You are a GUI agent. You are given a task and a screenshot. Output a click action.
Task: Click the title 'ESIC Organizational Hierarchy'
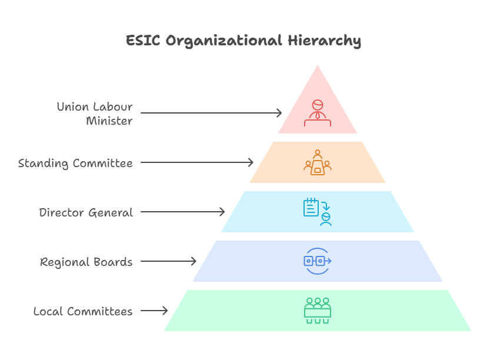(x=243, y=41)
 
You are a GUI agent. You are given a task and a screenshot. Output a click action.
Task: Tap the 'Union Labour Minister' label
(x=95, y=114)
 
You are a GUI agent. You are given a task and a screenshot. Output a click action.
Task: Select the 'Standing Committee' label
(x=75, y=163)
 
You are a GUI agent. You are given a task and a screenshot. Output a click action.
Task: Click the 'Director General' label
(x=86, y=212)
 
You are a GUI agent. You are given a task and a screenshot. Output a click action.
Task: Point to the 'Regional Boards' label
(x=86, y=262)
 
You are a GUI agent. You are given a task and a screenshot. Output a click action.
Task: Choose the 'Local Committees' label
(x=83, y=311)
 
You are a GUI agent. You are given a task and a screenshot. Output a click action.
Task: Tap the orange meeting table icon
(x=318, y=162)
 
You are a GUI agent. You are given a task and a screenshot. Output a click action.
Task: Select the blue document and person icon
(x=318, y=212)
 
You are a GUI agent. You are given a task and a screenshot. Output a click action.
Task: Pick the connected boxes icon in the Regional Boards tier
(x=318, y=261)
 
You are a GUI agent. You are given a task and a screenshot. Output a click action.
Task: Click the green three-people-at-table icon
(x=318, y=311)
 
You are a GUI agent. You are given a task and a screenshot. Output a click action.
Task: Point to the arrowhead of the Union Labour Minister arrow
(x=281, y=113)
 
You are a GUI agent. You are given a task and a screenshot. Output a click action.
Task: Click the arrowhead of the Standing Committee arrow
(x=252, y=162)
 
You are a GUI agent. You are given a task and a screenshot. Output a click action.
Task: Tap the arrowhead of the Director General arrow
(x=224, y=212)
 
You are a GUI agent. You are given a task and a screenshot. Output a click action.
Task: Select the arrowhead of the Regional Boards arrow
(x=195, y=261)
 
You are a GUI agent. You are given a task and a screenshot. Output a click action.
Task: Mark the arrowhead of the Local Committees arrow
(x=166, y=311)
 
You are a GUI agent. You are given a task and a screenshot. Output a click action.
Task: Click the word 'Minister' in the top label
(x=109, y=121)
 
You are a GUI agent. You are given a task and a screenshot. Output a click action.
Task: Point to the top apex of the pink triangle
(x=318, y=64)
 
